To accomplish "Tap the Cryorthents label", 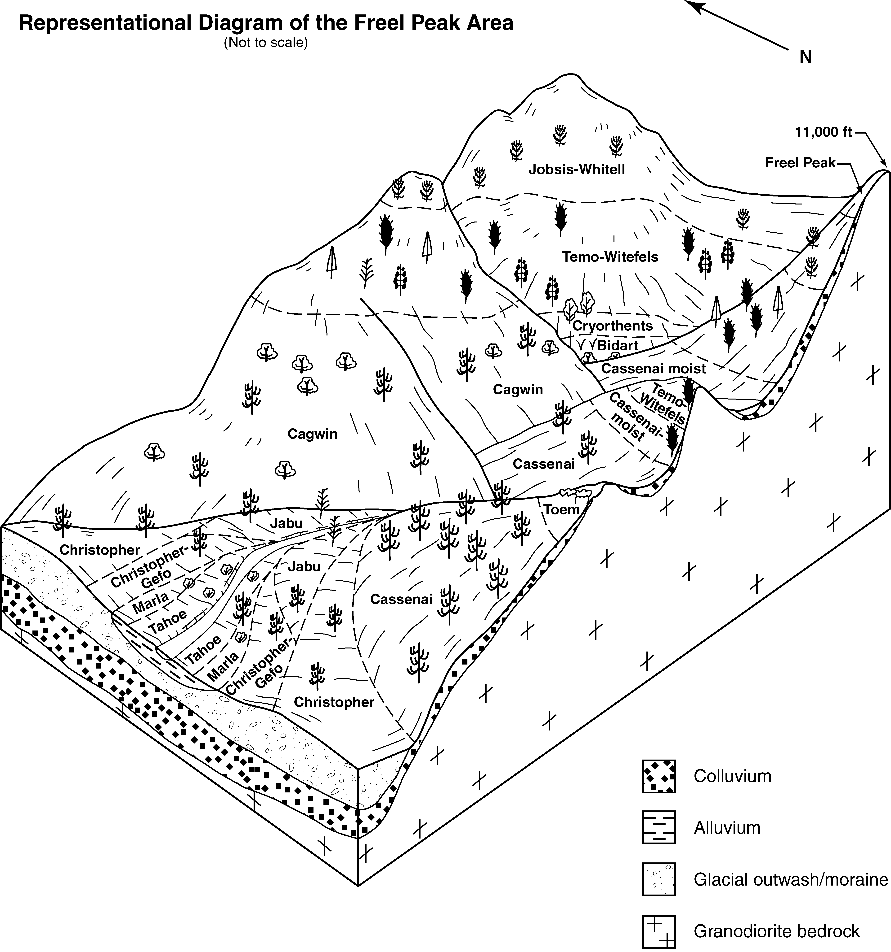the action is tap(613, 326).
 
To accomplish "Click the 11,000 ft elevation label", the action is tap(823, 132).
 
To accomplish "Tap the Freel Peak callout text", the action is tap(800, 163).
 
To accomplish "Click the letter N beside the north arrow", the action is tap(806, 57).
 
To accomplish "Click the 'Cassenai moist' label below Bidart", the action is tap(654, 369).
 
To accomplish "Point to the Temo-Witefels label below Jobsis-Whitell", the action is tap(610, 257).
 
